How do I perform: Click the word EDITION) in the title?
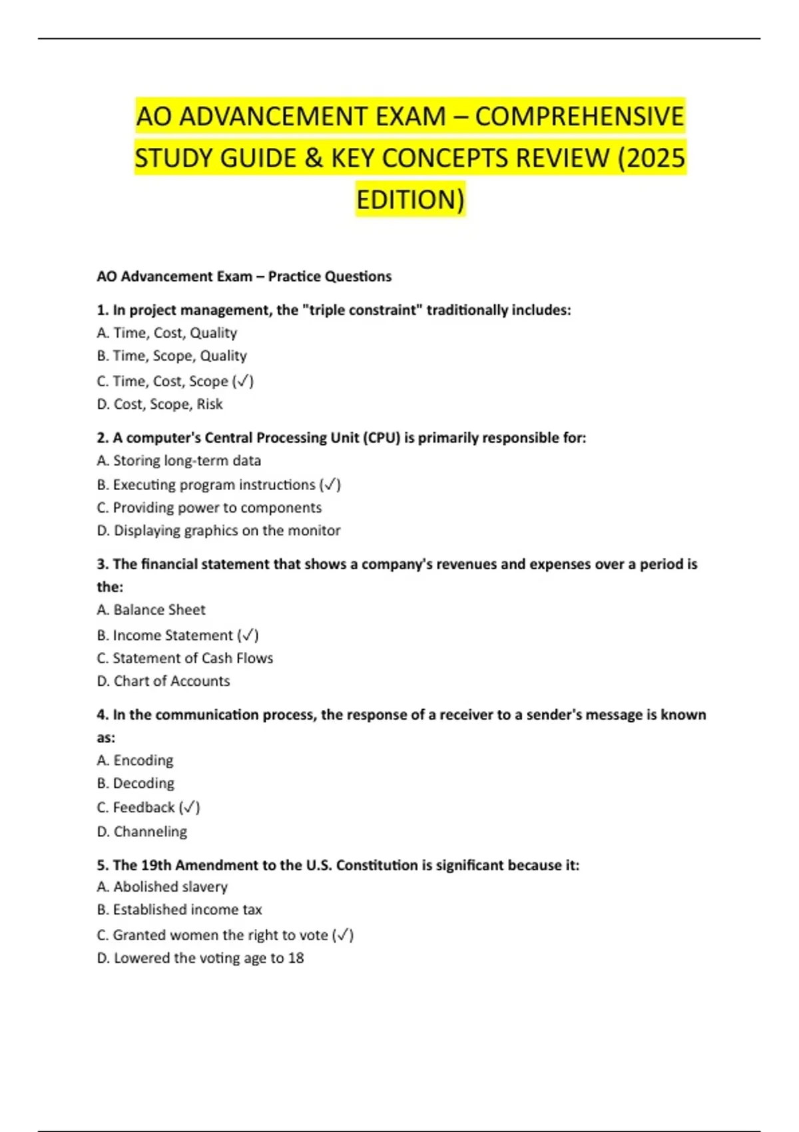[x=410, y=200]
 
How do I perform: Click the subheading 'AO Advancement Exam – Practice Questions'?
[x=244, y=276]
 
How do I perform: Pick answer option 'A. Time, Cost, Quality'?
[x=167, y=333]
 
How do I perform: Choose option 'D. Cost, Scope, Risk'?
[x=160, y=404]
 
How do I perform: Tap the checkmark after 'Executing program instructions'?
[x=330, y=485]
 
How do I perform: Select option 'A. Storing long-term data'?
[x=178, y=461]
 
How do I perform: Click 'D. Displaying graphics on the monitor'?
[x=218, y=531]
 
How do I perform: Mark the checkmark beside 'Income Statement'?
[x=248, y=635]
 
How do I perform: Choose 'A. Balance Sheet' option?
[x=151, y=610]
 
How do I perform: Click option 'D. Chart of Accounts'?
[x=163, y=681]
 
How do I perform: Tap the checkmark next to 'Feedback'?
[x=190, y=808]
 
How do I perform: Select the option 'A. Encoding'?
[x=135, y=760]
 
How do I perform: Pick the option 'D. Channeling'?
[x=142, y=832]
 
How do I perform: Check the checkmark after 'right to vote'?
[x=343, y=936]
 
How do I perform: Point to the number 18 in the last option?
[x=296, y=958]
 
